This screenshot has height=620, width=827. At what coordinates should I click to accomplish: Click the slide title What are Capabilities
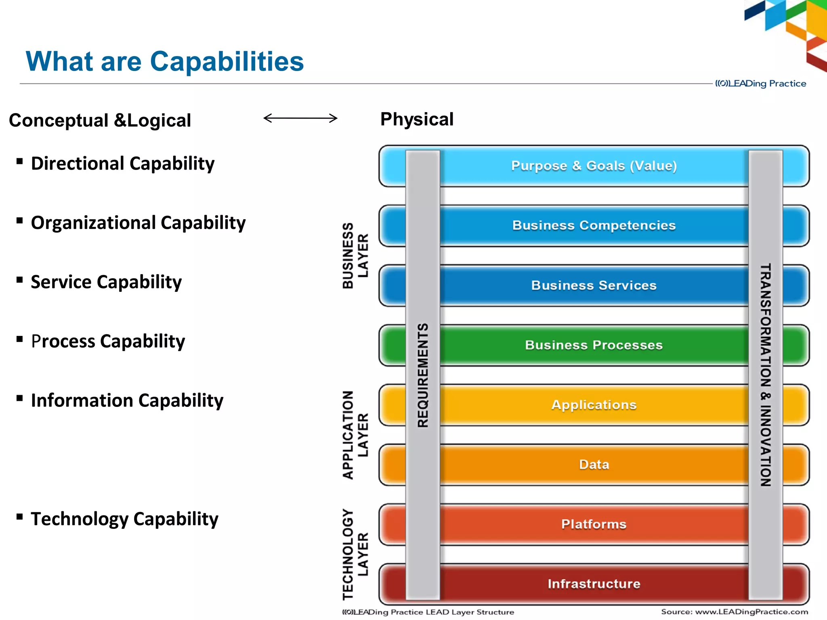[x=165, y=61]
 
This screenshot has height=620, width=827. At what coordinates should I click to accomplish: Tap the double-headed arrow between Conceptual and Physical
[x=300, y=118]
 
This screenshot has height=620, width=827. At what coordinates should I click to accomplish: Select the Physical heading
[x=417, y=119]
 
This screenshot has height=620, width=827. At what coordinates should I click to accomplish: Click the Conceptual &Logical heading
[x=100, y=120]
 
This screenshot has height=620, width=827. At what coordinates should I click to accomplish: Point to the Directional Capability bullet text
[x=123, y=163]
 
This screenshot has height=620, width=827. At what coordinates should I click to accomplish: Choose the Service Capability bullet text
[x=106, y=282]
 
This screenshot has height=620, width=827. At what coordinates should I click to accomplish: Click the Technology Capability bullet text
[x=124, y=519]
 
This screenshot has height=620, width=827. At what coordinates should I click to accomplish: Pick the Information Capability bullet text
[x=127, y=400]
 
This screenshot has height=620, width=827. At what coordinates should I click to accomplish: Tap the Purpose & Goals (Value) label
[x=594, y=165]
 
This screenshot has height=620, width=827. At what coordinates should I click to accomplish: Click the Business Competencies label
[x=594, y=225]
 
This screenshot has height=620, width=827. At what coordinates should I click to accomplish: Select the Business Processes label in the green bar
[x=594, y=345]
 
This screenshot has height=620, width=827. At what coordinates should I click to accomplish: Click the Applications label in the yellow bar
[x=594, y=405]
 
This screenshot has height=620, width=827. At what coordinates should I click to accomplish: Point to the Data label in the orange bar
[x=594, y=465]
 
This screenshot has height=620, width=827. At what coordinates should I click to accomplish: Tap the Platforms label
[x=594, y=524]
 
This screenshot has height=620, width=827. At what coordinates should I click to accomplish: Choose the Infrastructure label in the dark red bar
[x=594, y=584]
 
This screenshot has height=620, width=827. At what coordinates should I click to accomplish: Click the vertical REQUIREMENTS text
[x=423, y=375]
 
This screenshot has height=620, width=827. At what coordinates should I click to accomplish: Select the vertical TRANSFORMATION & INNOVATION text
[x=766, y=375]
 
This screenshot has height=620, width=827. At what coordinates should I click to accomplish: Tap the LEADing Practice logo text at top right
[x=761, y=84]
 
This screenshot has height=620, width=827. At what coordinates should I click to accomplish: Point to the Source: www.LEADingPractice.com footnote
[x=735, y=612]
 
